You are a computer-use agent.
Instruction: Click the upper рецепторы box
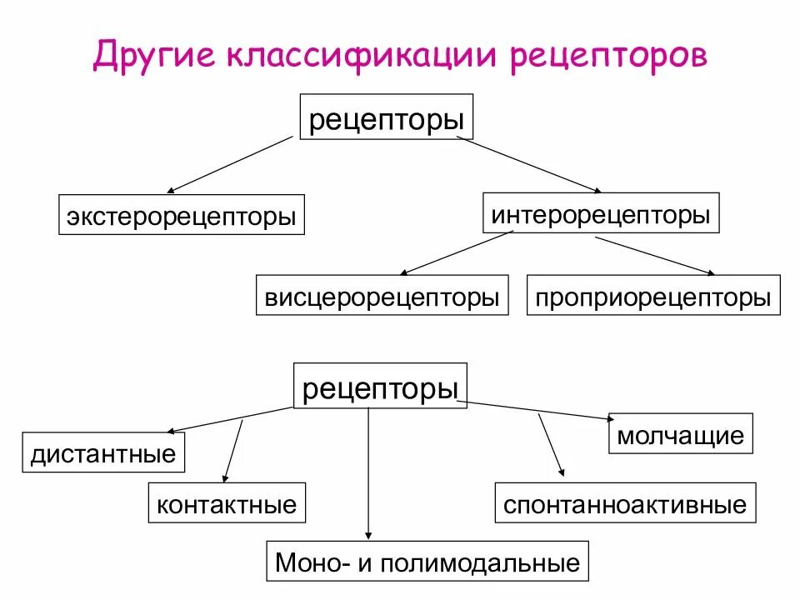click(x=387, y=117)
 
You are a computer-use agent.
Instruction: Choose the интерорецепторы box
click(x=601, y=213)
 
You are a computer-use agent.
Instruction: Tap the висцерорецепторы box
click(x=382, y=297)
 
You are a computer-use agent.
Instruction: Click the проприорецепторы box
click(x=653, y=297)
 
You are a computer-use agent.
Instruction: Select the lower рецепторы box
click(x=381, y=387)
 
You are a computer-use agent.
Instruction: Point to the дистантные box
click(x=103, y=453)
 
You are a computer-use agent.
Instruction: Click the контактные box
click(x=227, y=503)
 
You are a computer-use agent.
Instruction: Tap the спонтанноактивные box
click(x=625, y=503)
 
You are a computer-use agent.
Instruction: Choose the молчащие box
click(x=680, y=434)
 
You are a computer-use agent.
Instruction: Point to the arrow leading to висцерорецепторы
click(x=457, y=252)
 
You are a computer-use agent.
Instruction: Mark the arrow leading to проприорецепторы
click(x=654, y=255)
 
